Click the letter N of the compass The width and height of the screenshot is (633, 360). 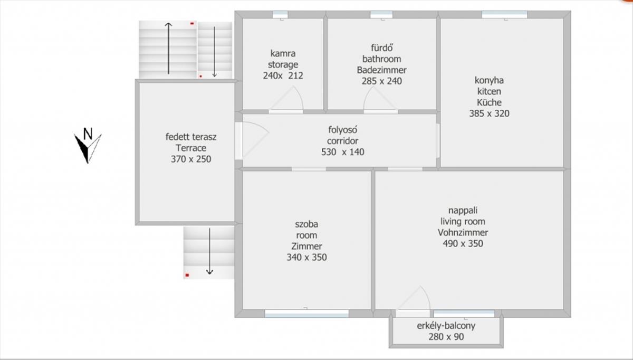88,134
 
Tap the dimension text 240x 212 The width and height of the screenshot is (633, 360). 283,75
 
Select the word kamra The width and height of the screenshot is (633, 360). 283,53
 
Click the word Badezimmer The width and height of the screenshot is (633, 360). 381,70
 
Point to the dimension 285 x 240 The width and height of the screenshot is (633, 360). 381,81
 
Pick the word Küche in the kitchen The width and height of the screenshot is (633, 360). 489,102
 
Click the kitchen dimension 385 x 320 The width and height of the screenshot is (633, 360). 489,113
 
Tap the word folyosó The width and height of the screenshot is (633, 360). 343,130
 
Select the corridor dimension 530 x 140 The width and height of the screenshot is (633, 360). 343,152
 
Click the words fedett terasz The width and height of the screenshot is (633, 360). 191,137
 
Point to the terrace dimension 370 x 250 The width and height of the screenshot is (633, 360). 191,159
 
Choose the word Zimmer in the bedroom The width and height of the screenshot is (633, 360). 306,247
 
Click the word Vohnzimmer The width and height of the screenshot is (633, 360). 463,232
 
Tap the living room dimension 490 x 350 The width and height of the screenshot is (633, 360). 463,243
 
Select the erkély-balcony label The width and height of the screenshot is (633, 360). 446,326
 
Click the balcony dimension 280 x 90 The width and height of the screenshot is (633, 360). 446,337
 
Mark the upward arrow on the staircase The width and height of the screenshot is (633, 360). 168,49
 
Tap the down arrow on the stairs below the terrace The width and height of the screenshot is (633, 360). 209,251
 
